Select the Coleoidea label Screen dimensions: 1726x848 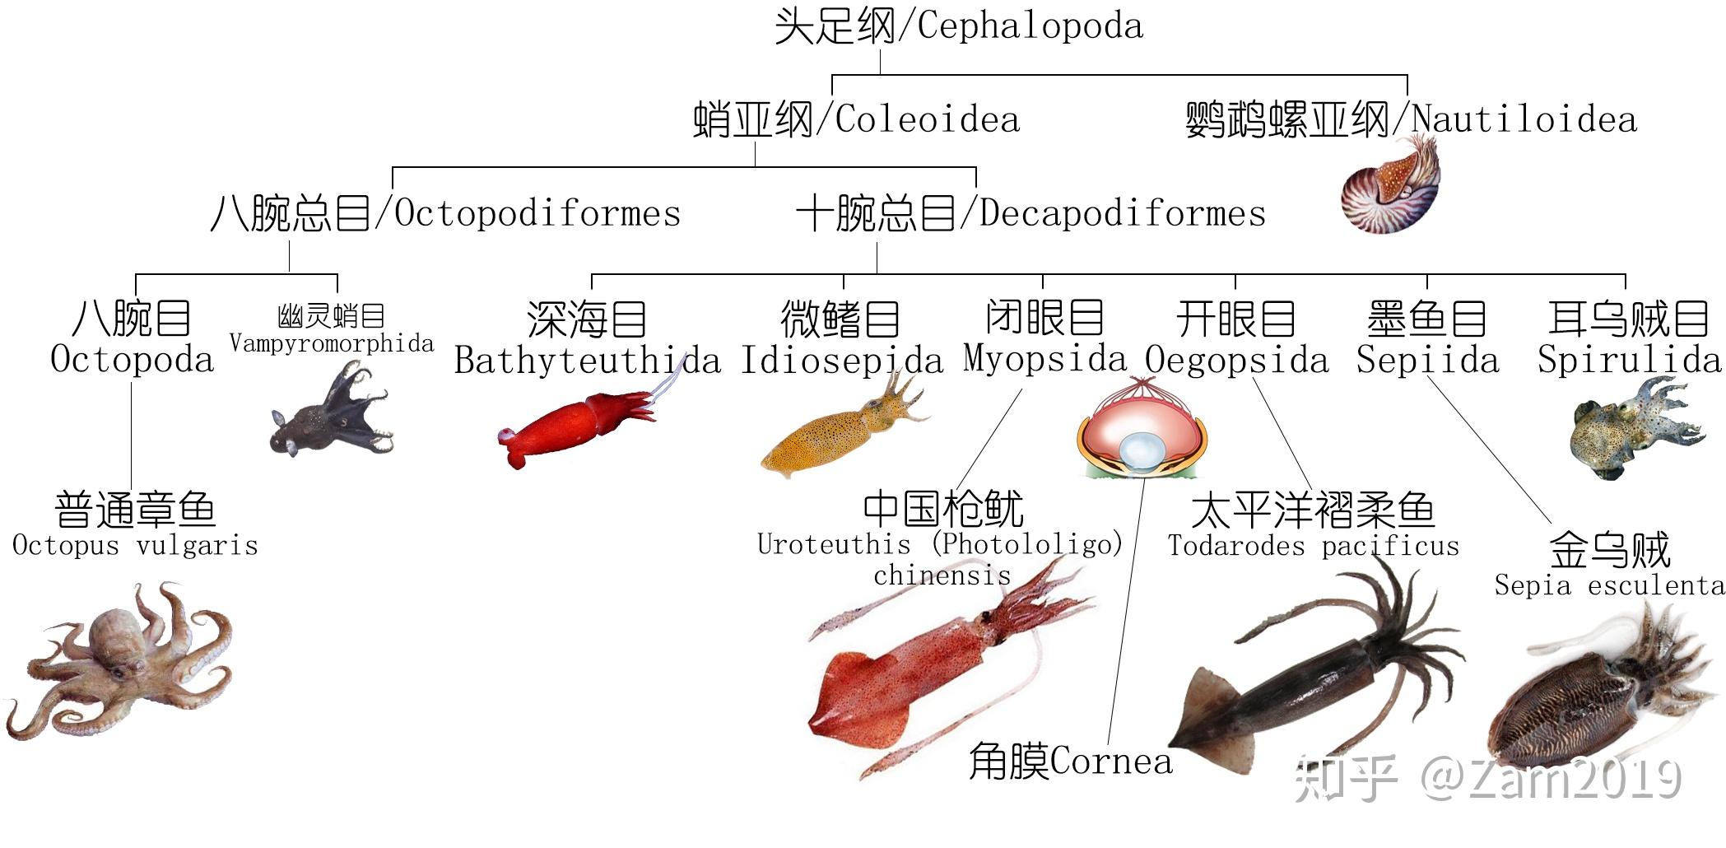[927, 120]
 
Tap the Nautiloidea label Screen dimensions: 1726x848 [1524, 120]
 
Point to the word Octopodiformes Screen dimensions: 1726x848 [537, 214]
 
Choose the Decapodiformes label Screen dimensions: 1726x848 [1122, 214]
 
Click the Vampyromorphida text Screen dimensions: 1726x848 [331, 343]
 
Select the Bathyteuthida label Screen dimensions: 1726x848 [586, 361]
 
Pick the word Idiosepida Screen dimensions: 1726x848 [841, 361]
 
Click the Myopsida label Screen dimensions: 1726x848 [1044, 359]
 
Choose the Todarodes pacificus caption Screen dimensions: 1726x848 [1313, 546]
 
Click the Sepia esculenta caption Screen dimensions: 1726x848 [1609, 585]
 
